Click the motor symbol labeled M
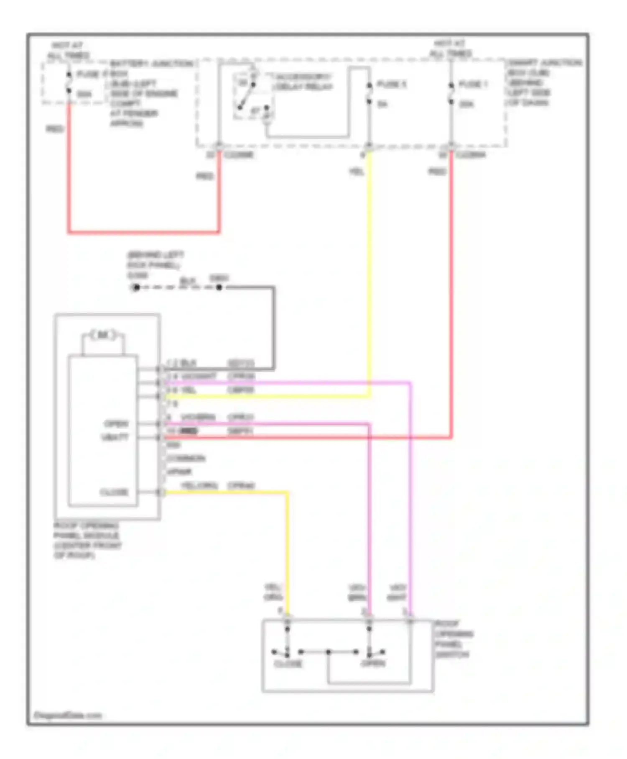(103, 335)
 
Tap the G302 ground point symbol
(136, 287)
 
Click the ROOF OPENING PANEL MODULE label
(87, 540)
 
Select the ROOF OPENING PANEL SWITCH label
(454, 639)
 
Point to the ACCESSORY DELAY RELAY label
(303, 82)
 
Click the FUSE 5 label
(391, 85)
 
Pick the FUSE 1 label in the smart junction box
(473, 85)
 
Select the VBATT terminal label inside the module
(115, 437)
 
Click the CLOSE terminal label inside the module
(114, 492)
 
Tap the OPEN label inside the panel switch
(373, 664)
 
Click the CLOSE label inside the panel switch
(288, 664)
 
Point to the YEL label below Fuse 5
(357, 172)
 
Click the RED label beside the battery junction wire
(55, 129)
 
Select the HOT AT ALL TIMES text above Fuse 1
(450, 49)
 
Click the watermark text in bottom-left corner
(67, 715)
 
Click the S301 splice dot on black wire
(219, 287)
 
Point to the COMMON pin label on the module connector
(186, 458)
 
